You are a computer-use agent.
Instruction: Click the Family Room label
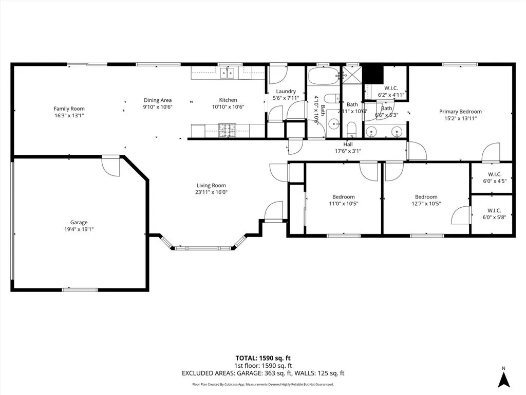click(x=69, y=109)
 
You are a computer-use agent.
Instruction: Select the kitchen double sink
click(x=228, y=73)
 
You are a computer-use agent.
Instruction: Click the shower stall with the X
click(x=352, y=76)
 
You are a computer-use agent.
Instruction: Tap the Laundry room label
click(x=286, y=92)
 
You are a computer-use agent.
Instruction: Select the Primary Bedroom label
click(x=460, y=112)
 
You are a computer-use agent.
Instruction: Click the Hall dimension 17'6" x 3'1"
click(x=348, y=151)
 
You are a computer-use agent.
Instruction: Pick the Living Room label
click(x=211, y=186)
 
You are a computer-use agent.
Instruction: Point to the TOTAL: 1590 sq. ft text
click(x=262, y=358)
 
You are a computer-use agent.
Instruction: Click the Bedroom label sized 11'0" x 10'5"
click(x=343, y=197)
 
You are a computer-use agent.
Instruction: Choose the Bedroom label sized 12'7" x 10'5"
click(x=426, y=197)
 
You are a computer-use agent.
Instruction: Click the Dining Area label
click(x=158, y=100)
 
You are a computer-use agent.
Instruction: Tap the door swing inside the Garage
click(x=111, y=166)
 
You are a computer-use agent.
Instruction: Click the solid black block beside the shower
click(x=373, y=75)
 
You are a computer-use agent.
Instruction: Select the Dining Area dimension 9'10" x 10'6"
click(x=158, y=107)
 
